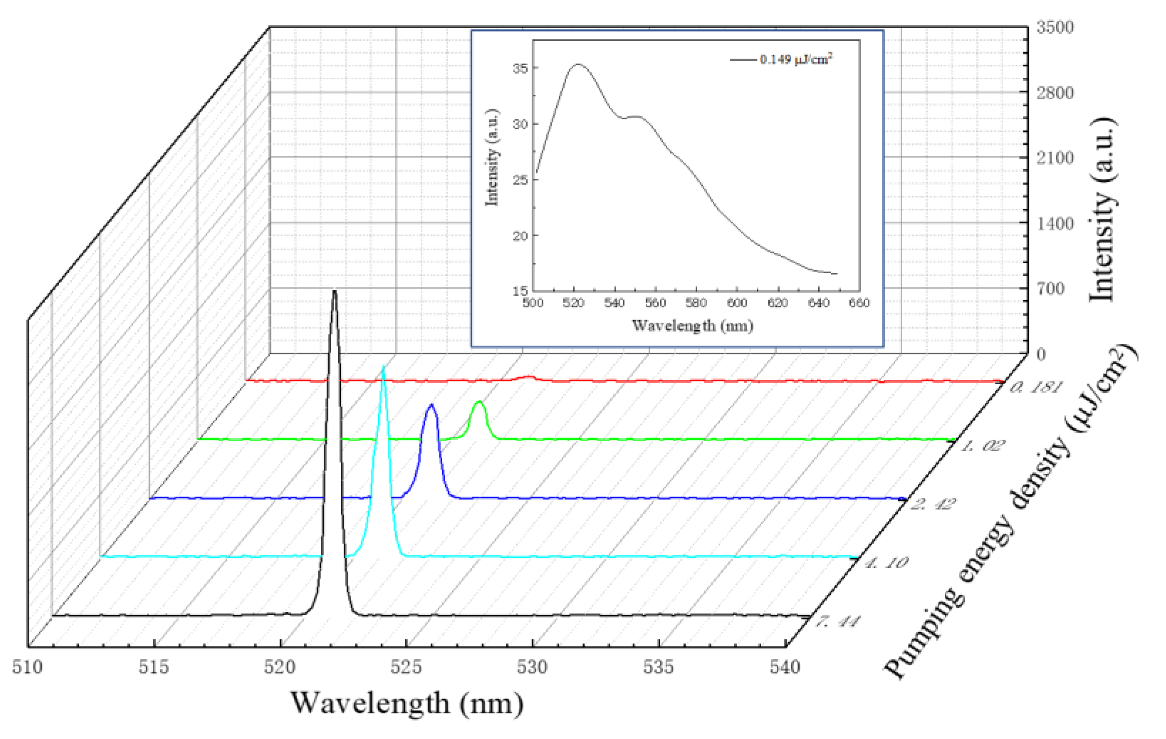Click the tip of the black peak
tap(334, 292)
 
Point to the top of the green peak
tap(479, 402)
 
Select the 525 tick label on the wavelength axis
tap(406, 667)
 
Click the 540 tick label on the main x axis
tap(784, 667)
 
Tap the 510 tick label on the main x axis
tap(27, 667)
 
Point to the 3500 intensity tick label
tap(1054, 27)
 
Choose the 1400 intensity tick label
tap(1054, 223)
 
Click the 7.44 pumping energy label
tap(838, 621)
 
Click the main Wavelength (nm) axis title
tap(407, 703)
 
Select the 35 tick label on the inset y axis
tap(520, 68)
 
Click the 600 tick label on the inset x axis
tap(737, 303)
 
